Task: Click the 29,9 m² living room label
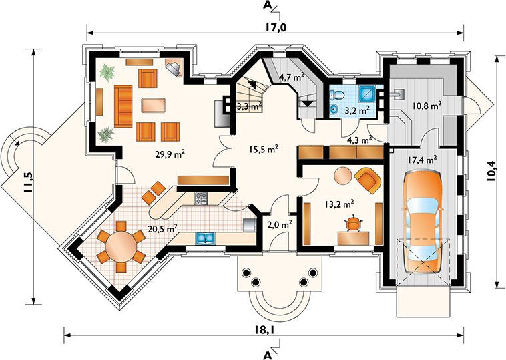170,154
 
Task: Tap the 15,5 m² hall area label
263,149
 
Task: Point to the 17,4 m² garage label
423,159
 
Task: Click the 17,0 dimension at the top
276,28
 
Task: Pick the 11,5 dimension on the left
28,182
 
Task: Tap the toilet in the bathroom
338,95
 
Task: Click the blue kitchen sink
204,238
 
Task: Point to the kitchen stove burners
201,198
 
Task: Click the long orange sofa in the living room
123,106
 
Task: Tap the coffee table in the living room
154,105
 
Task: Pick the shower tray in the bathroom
368,94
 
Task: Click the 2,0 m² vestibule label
280,224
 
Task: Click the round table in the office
343,176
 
